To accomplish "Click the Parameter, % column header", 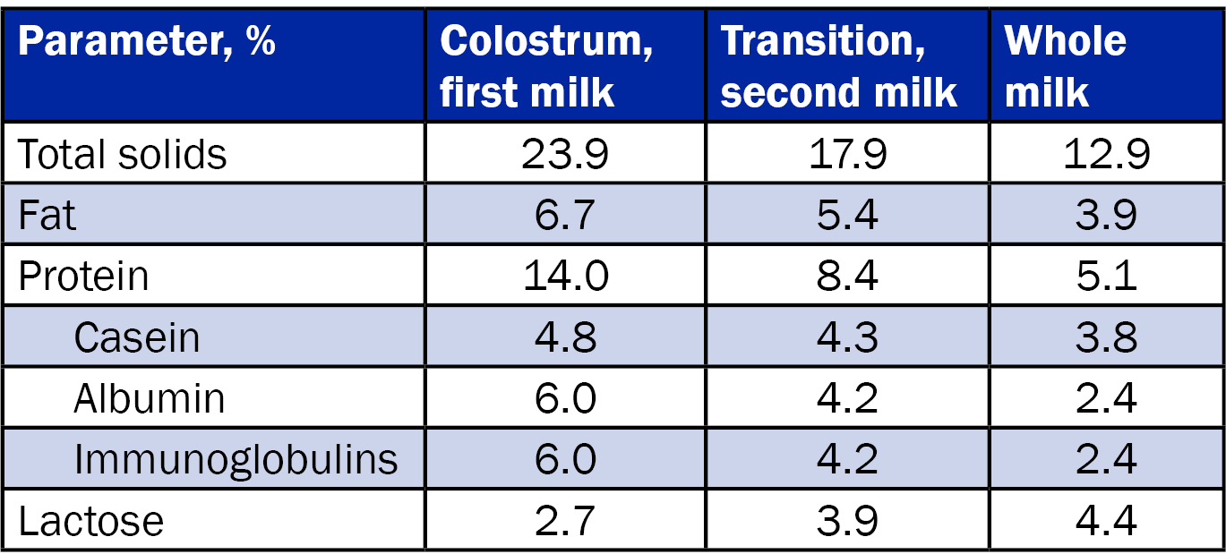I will pyautogui.click(x=147, y=42).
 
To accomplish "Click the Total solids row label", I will pyautogui.click(x=123, y=155).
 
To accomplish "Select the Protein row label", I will pyautogui.click(x=83, y=277).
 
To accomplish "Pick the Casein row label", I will pyautogui.click(x=137, y=337).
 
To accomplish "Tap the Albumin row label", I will pyautogui.click(x=149, y=398).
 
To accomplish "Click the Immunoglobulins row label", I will pyautogui.click(x=236, y=459).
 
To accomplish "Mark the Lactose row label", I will pyautogui.click(x=91, y=520).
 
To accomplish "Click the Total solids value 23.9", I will pyautogui.click(x=565, y=155).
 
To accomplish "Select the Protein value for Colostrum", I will pyautogui.click(x=565, y=277).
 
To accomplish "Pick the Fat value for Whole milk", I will pyautogui.click(x=1107, y=216).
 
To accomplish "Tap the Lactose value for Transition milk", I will pyautogui.click(x=847, y=520).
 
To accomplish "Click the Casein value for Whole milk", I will pyautogui.click(x=1107, y=337).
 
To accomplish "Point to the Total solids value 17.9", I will pyautogui.click(x=847, y=155).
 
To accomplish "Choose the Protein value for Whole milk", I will pyautogui.click(x=1107, y=277).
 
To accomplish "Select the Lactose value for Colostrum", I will pyautogui.click(x=565, y=520).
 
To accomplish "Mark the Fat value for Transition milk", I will pyautogui.click(x=847, y=216).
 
